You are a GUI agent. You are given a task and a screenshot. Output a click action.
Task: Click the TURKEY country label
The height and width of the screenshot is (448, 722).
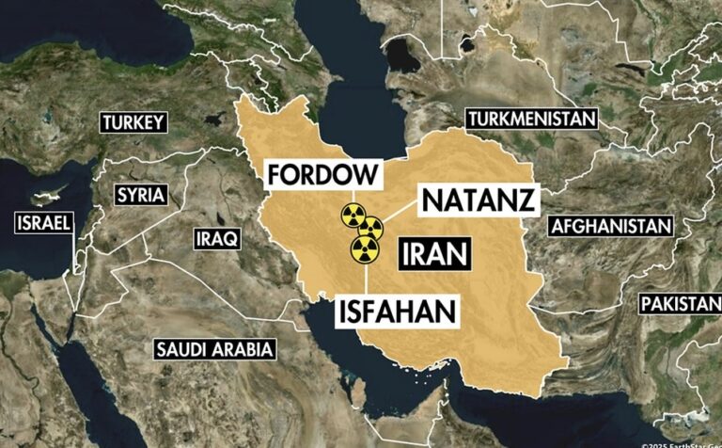133,122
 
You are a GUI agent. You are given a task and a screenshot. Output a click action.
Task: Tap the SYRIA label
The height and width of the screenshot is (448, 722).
140,196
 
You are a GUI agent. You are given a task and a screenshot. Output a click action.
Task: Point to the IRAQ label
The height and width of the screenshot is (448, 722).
217,238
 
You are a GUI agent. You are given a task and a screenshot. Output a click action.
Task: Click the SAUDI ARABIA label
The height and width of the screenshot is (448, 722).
215,350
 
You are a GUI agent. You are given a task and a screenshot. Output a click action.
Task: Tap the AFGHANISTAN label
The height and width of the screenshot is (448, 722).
611,226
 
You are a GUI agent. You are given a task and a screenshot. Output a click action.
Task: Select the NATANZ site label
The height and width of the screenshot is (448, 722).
479,200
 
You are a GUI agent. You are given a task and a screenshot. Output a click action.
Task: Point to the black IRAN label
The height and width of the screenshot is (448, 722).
434,253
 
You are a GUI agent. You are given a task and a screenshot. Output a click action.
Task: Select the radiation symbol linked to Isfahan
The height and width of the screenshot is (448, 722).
364,248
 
